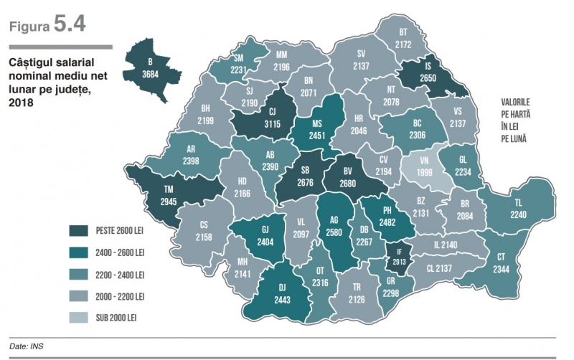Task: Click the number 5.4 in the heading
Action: point(69,24)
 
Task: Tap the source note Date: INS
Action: point(27,346)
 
